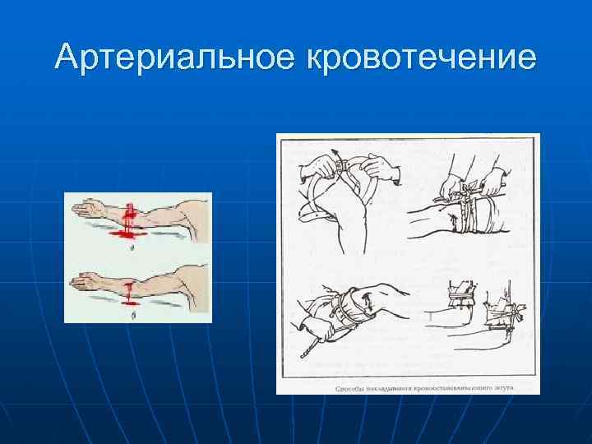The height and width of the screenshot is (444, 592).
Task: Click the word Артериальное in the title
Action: pyautogui.click(x=175, y=57)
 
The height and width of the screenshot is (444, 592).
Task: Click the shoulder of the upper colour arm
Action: pyautogui.click(x=194, y=208)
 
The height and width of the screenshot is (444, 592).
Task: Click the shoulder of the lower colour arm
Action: pyautogui.click(x=194, y=277)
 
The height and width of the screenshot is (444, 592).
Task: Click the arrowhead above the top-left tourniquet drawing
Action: pyautogui.click(x=336, y=154)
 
